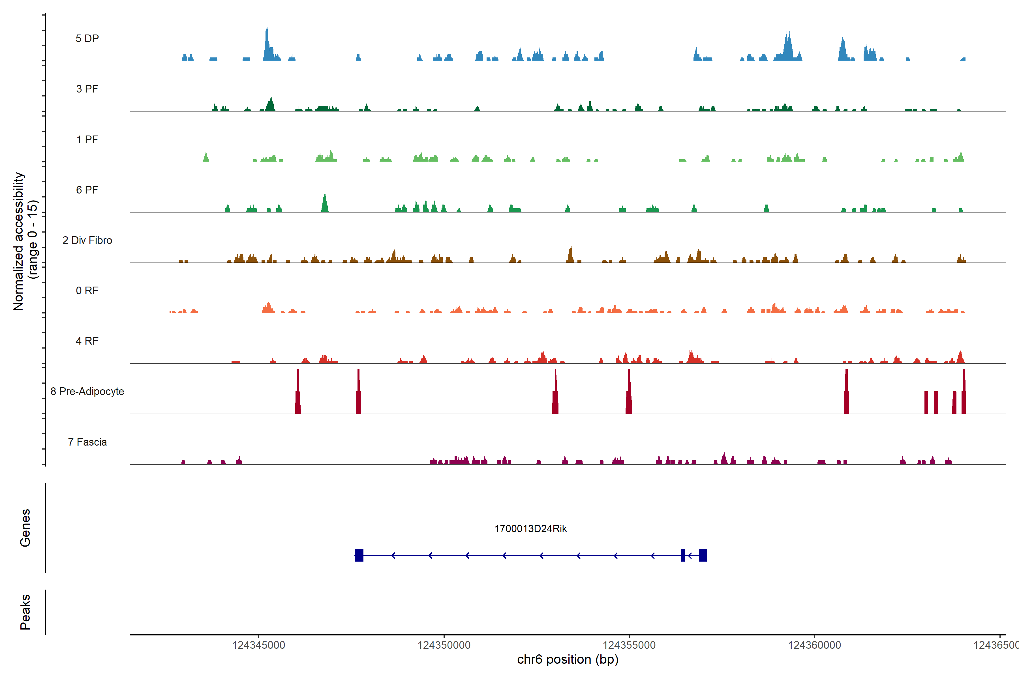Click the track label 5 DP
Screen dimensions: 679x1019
(87, 38)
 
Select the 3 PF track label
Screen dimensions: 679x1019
(87, 89)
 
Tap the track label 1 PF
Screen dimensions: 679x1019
(87, 139)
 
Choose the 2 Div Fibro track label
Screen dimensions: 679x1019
(87, 240)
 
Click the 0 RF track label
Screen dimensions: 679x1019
(87, 291)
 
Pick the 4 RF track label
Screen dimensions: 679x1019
(87, 341)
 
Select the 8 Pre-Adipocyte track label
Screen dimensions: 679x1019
(87, 392)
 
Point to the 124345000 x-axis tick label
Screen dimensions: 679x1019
(259, 645)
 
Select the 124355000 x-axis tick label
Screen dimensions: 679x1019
(629, 645)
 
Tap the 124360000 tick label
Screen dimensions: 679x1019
(815, 645)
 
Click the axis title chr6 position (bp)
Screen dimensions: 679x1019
(568, 659)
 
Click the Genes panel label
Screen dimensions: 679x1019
(25, 528)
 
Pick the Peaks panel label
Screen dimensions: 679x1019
(25, 612)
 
